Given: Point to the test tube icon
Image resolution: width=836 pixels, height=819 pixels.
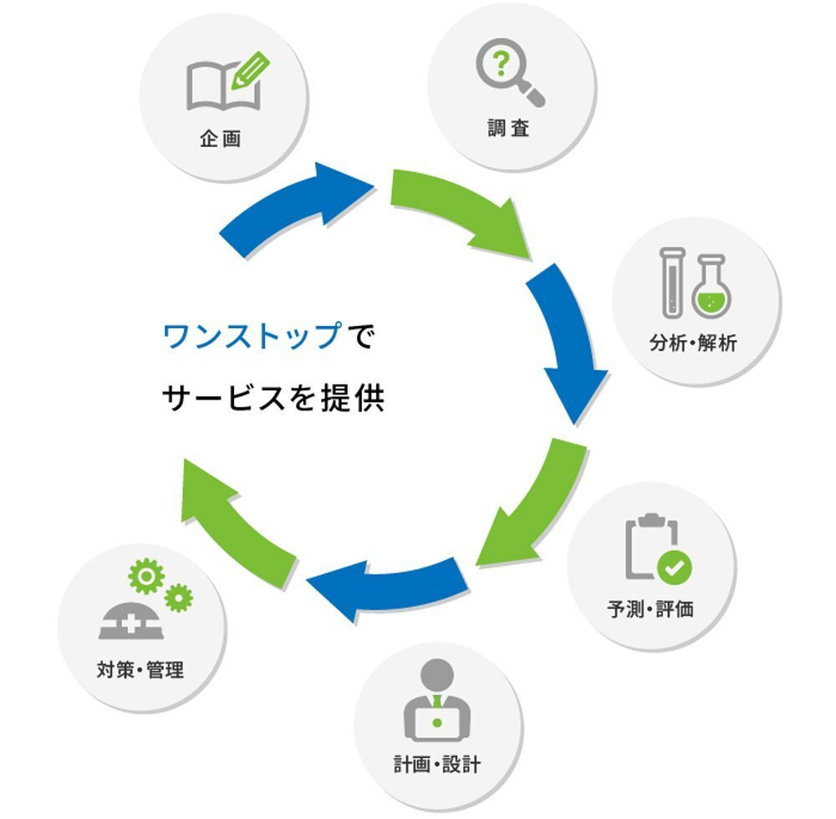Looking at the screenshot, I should (670, 282).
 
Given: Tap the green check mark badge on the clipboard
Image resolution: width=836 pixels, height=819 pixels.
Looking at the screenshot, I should (674, 568).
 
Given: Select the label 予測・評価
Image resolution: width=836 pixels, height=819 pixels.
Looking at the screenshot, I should (650, 608).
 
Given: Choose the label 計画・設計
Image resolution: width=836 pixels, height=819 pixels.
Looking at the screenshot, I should (437, 764).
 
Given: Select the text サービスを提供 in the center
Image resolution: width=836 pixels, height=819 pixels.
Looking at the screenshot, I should (273, 399).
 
